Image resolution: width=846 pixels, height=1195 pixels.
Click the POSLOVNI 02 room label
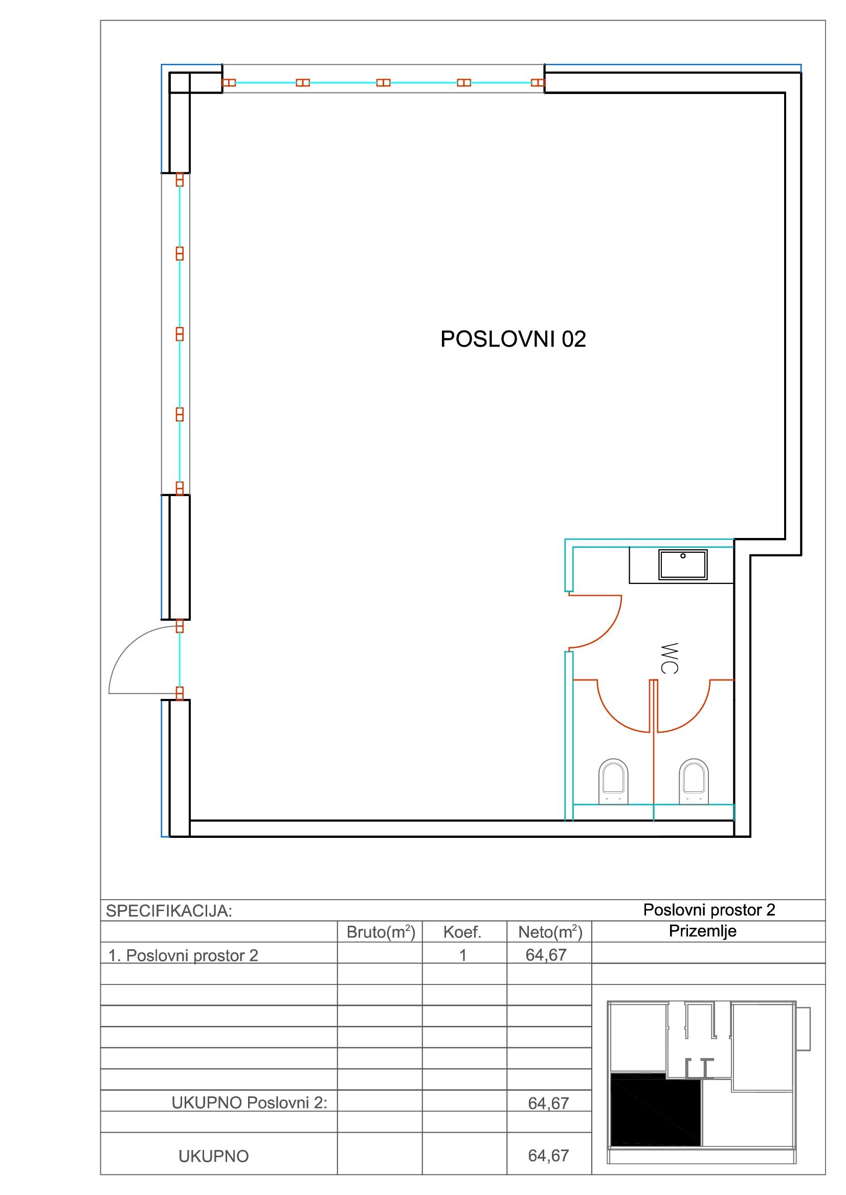(x=513, y=339)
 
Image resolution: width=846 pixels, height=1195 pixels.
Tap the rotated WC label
(x=670, y=659)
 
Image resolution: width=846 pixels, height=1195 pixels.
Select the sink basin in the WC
(x=683, y=565)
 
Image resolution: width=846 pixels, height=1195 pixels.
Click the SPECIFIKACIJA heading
(x=169, y=911)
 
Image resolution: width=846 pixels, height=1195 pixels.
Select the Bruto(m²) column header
(x=381, y=932)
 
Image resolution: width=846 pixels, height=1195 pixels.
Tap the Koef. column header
(x=462, y=932)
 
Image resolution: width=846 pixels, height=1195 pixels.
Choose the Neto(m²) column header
(x=550, y=932)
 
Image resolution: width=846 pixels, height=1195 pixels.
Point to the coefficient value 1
(x=462, y=955)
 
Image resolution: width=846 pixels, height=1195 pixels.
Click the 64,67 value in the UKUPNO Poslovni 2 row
(x=548, y=1104)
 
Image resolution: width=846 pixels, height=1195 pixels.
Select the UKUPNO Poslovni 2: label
(x=250, y=1103)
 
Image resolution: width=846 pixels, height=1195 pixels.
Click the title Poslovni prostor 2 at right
(x=709, y=910)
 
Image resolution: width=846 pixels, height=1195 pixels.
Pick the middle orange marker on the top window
(x=384, y=83)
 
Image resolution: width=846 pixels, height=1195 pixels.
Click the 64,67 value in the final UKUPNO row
(x=548, y=1156)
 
